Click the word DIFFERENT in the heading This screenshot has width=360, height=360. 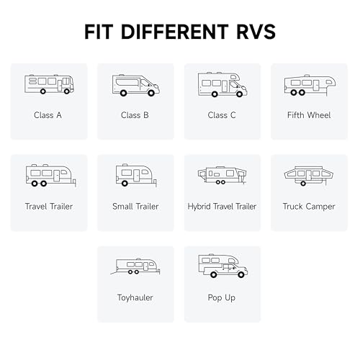(174, 32)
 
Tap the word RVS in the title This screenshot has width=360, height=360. (256, 32)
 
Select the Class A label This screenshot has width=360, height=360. (48, 115)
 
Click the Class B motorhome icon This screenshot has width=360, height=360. (136, 86)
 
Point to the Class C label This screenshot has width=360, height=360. (222, 115)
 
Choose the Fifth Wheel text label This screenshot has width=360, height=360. (309, 115)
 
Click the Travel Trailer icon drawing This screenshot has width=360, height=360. (51, 176)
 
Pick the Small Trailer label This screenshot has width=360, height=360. (135, 207)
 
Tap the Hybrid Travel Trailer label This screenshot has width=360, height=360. (222, 207)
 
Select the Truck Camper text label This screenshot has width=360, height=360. (309, 207)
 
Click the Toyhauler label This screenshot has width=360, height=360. (135, 298)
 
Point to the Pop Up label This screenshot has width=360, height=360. (222, 298)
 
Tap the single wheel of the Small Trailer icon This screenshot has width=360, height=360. (125, 184)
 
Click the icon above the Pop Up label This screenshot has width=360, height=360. (223, 266)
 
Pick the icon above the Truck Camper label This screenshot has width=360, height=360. (309, 176)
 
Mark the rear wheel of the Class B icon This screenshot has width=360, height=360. (123, 93)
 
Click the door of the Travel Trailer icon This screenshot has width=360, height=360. (57, 176)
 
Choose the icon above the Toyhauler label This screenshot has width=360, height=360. (135, 266)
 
